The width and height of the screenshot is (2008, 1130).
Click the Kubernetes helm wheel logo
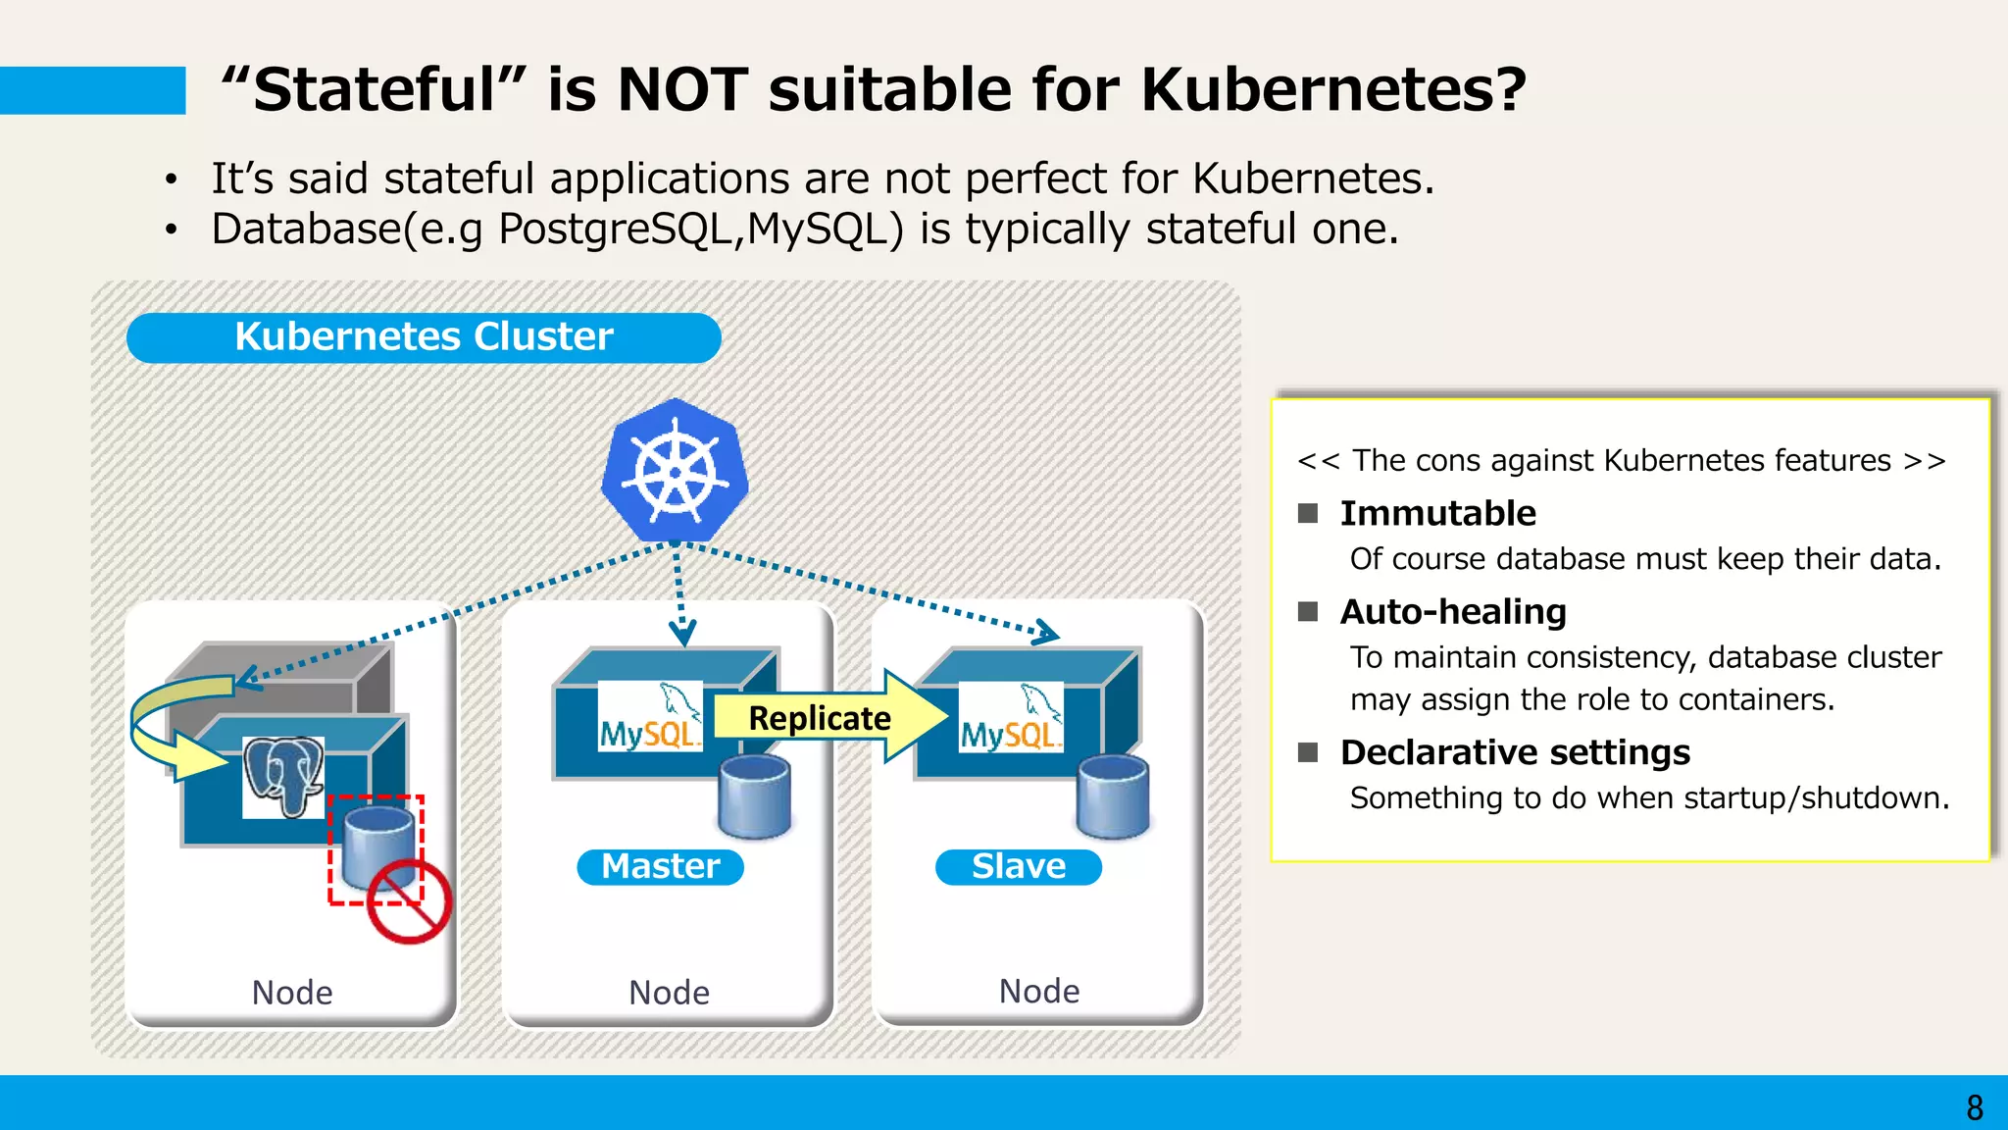tap(675, 473)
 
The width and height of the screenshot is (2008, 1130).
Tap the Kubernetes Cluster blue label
tap(424, 337)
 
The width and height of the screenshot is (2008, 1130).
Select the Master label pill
tap(660, 867)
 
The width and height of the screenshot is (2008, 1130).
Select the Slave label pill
tap(1018, 867)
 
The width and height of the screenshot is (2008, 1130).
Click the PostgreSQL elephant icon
tap(283, 775)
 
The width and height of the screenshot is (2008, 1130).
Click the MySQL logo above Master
tap(650, 717)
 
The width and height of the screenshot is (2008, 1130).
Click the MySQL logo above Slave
tap(1011, 717)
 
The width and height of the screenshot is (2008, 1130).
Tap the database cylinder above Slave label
tap(1112, 796)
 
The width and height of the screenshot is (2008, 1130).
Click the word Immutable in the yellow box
tap(1437, 513)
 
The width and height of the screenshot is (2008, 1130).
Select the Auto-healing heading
tap(1452, 612)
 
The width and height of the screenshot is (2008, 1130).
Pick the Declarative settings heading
tap(1515, 752)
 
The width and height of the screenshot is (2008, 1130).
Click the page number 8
tap(1974, 1107)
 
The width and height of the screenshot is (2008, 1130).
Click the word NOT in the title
tap(683, 90)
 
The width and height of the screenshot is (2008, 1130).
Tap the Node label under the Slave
tap(1038, 991)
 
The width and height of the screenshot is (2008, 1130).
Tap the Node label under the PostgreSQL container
tap(292, 993)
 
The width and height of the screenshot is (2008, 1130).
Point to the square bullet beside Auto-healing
tap(1308, 612)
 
